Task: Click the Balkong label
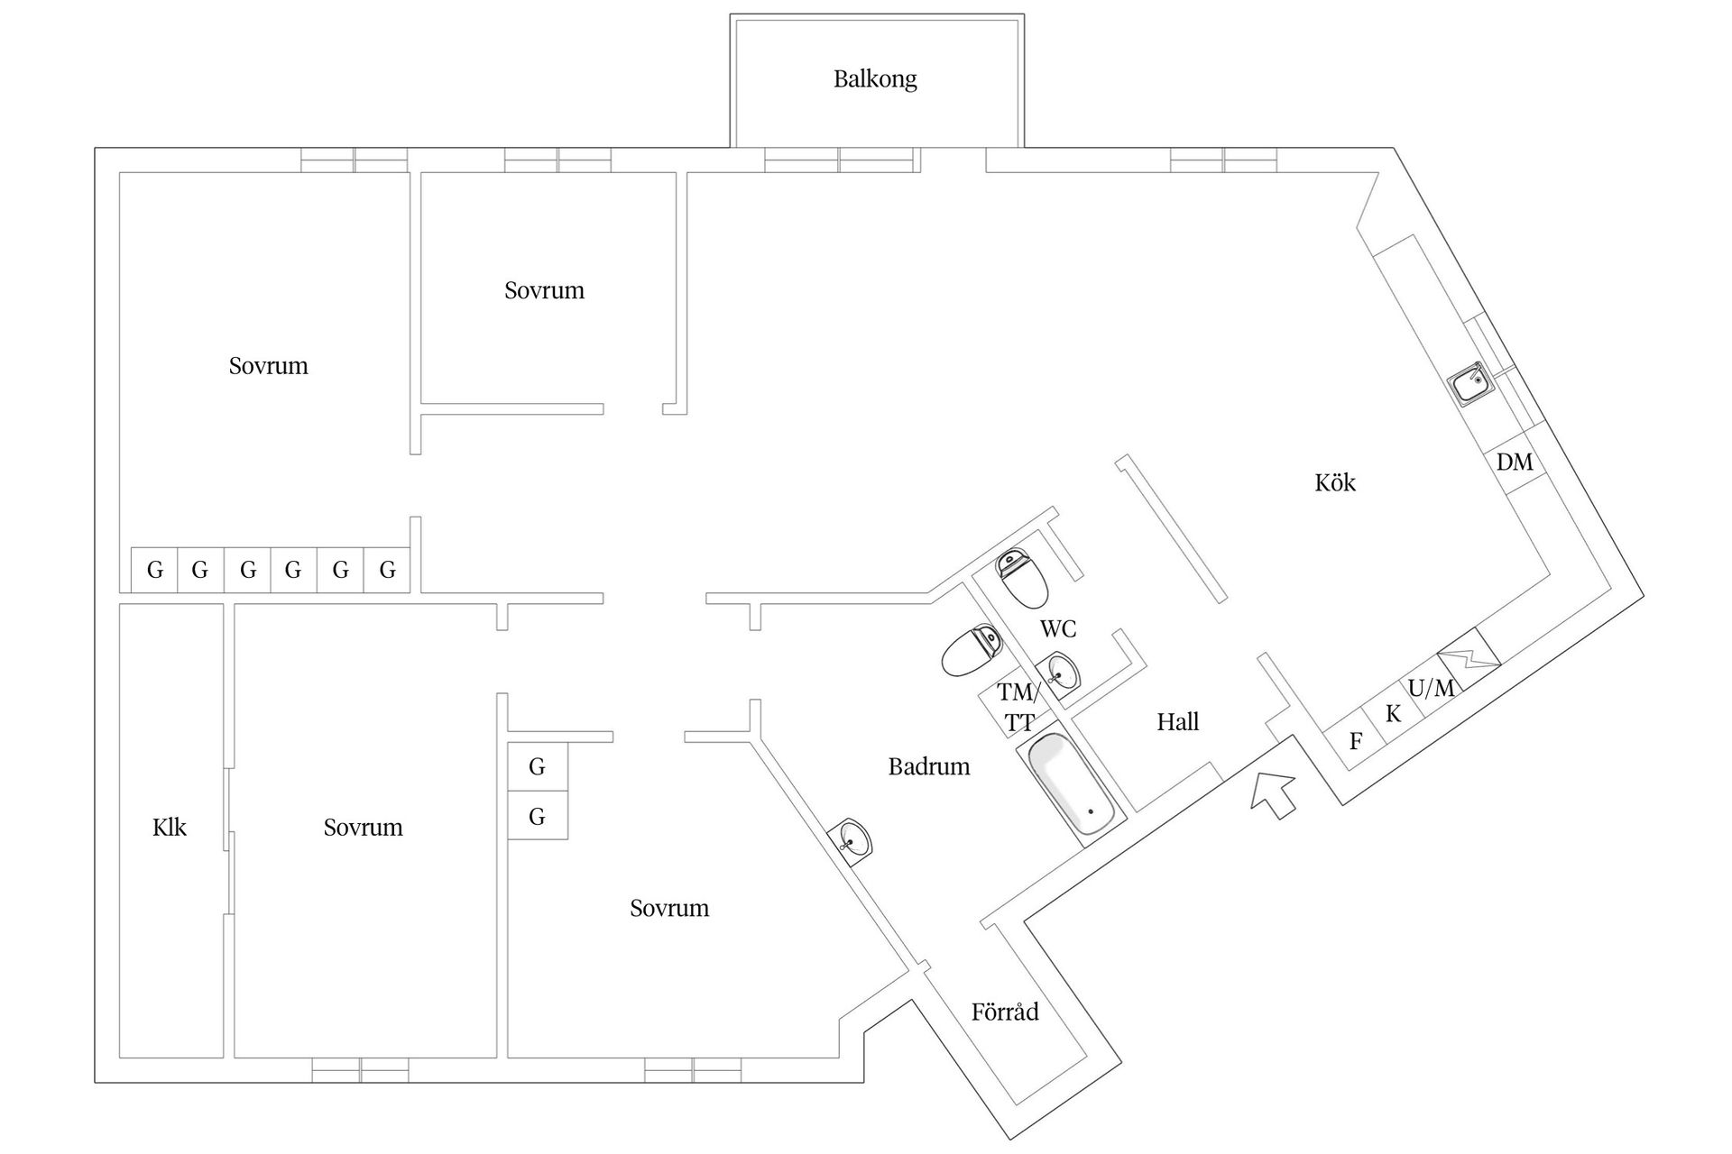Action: click(x=875, y=79)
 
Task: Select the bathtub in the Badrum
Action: click(x=1073, y=783)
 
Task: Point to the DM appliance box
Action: click(x=1515, y=463)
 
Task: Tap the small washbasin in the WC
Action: click(x=1061, y=673)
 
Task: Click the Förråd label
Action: click(x=1005, y=1012)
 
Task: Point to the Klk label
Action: click(x=170, y=828)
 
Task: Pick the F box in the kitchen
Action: click(x=1355, y=741)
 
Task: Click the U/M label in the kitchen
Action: click(x=1431, y=689)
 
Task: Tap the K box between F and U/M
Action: click(x=1393, y=714)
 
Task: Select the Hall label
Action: click(x=1178, y=722)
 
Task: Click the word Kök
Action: click(x=1335, y=483)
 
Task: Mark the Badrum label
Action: click(x=929, y=767)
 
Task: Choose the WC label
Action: click(x=1058, y=628)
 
